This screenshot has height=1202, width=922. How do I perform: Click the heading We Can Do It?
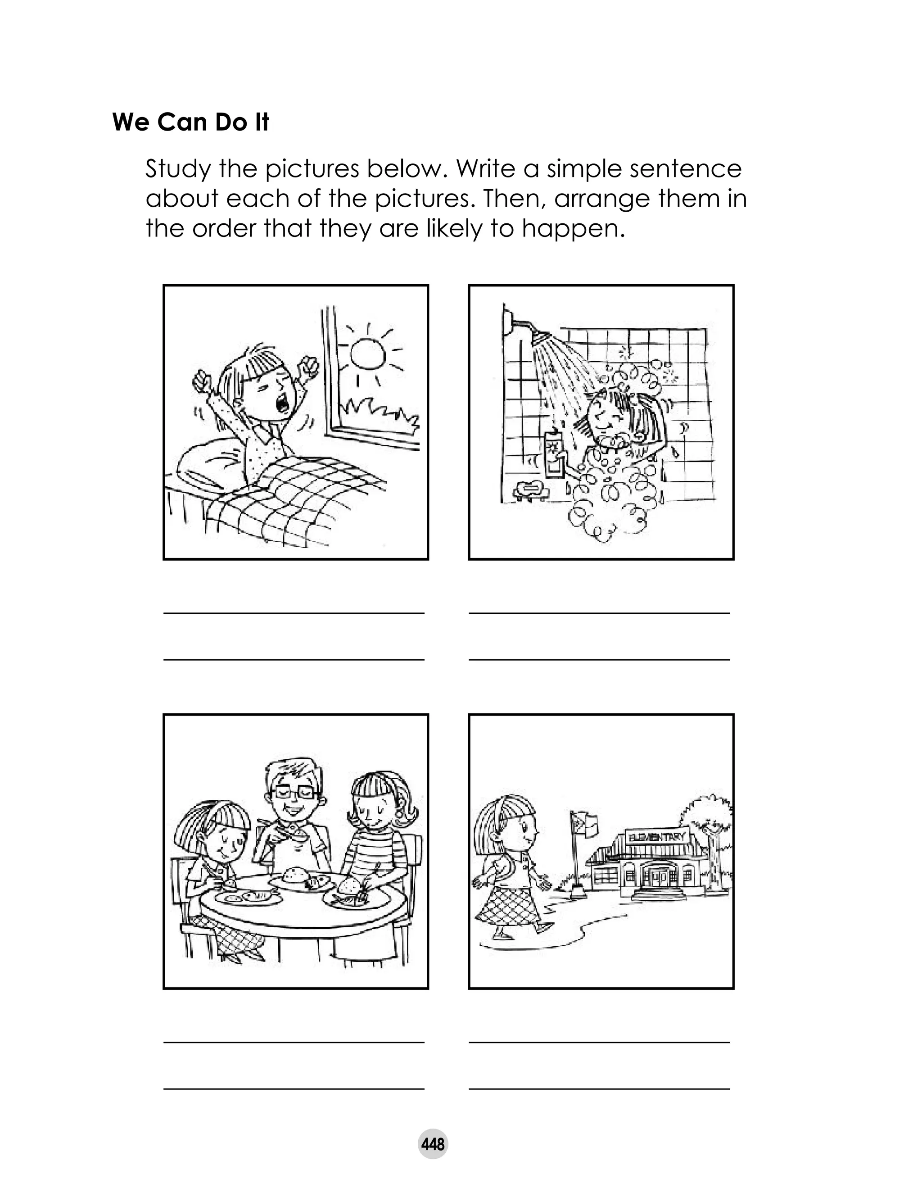tap(190, 122)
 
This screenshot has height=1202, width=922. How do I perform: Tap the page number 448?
tap(433, 1145)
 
